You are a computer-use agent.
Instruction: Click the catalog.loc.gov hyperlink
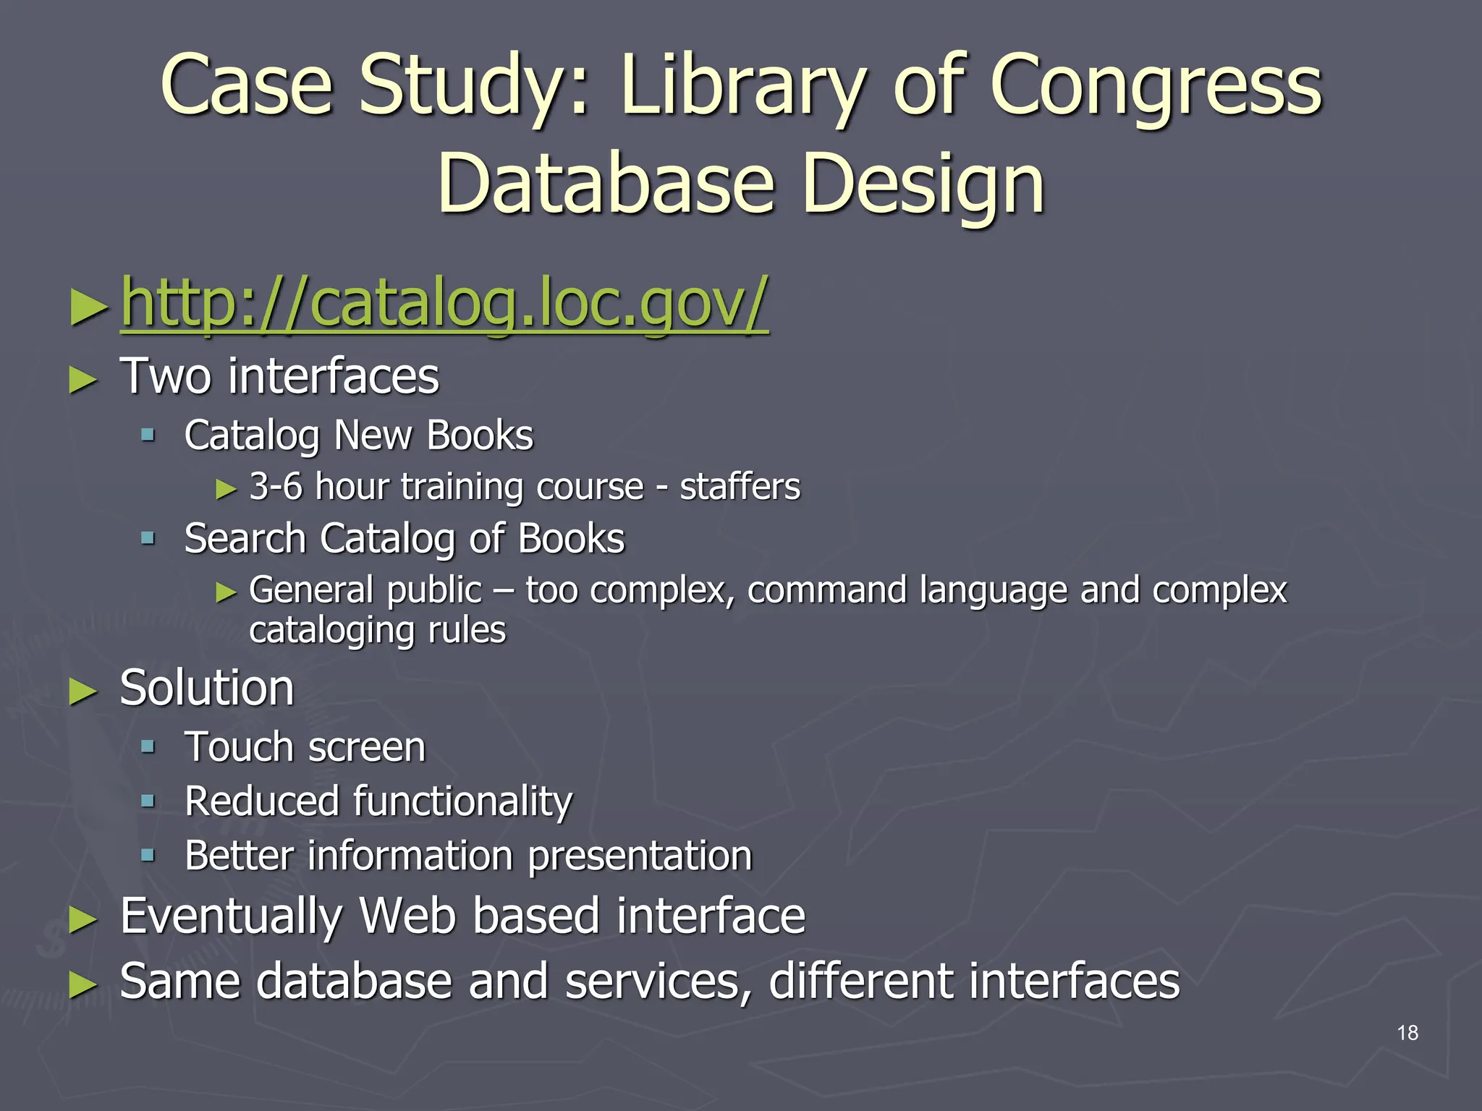click(444, 304)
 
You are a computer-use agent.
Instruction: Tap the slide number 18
click(1407, 1033)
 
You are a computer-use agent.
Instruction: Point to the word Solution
click(207, 688)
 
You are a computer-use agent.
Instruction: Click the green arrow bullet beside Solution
click(83, 692)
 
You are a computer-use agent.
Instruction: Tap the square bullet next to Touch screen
click(148, 747)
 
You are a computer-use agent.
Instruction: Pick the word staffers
click(740, 486)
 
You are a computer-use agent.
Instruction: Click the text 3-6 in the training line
click(275, 486)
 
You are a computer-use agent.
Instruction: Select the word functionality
click(462, 802)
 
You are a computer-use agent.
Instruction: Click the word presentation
click(640, 856)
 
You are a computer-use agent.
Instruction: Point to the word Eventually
click(231, 916)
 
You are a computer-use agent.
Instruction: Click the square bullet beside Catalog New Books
click(148, 435)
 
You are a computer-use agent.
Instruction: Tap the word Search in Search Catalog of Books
click(245, 539)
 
